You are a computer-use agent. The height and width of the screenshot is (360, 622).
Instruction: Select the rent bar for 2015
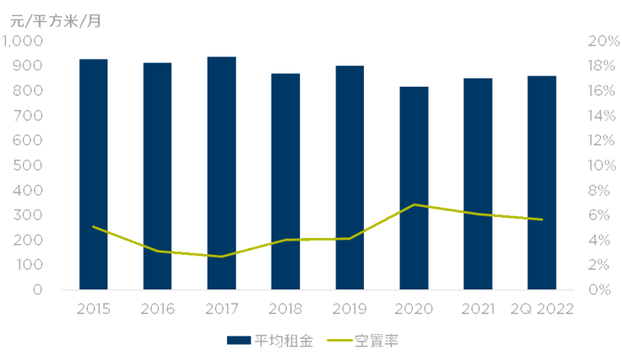(93, 174)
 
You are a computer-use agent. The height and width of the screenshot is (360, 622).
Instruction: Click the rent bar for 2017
(221, 172)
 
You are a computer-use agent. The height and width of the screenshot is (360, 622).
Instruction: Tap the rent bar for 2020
(414, 188)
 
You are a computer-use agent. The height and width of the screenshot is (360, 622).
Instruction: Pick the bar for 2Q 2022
(541, 183)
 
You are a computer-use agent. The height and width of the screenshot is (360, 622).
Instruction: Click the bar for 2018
(285, 181)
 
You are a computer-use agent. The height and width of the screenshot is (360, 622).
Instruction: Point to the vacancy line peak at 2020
(414, 204)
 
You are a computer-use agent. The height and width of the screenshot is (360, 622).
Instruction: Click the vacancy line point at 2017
(221, 257)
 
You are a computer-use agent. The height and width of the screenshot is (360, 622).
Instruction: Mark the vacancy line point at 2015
(93, 226)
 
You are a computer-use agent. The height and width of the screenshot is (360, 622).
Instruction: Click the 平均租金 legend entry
(270, 341)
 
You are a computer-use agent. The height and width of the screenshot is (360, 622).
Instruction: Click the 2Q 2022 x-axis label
(541, 309)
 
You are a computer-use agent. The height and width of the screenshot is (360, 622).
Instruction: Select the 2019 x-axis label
(349, 309)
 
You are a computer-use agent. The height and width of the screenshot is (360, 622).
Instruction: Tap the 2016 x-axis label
(157, 309)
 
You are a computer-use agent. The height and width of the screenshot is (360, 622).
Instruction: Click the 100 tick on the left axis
(28, 265)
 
